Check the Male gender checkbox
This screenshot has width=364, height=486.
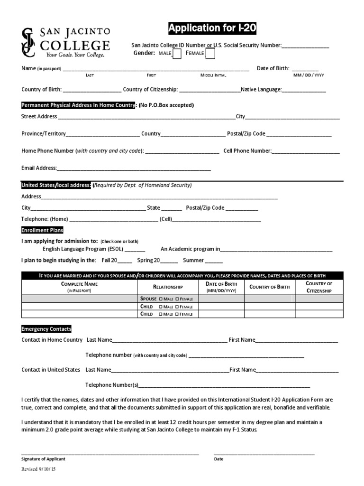177,54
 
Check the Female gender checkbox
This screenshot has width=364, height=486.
209,54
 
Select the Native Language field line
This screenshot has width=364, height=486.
304,90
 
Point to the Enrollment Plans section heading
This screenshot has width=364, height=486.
42,230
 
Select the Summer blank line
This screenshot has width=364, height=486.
214,261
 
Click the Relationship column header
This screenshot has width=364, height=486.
168,287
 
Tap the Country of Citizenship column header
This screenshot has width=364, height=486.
319,287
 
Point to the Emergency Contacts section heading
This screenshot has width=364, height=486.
46,329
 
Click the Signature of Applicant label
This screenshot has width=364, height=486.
44,459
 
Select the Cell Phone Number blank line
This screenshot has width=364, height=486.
306,152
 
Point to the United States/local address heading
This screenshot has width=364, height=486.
56,185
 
